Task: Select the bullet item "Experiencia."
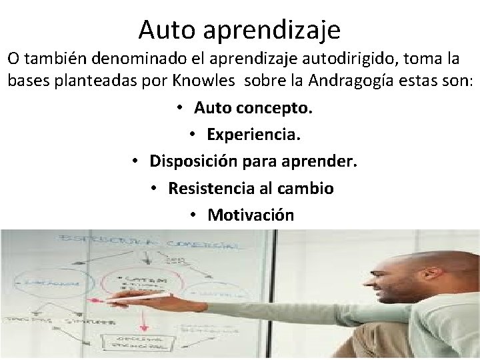pos(254,135)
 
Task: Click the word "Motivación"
pos(251,215)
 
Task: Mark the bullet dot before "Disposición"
pos(135,161)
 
